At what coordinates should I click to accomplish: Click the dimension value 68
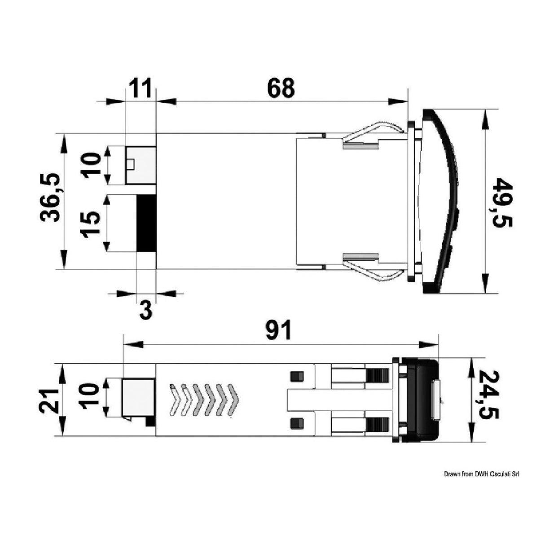(281, 88)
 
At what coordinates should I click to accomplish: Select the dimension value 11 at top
(141, 88)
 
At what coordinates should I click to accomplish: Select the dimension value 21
(48, 400)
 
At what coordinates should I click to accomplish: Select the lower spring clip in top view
(373, 267)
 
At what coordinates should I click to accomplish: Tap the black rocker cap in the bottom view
(422, 400)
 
